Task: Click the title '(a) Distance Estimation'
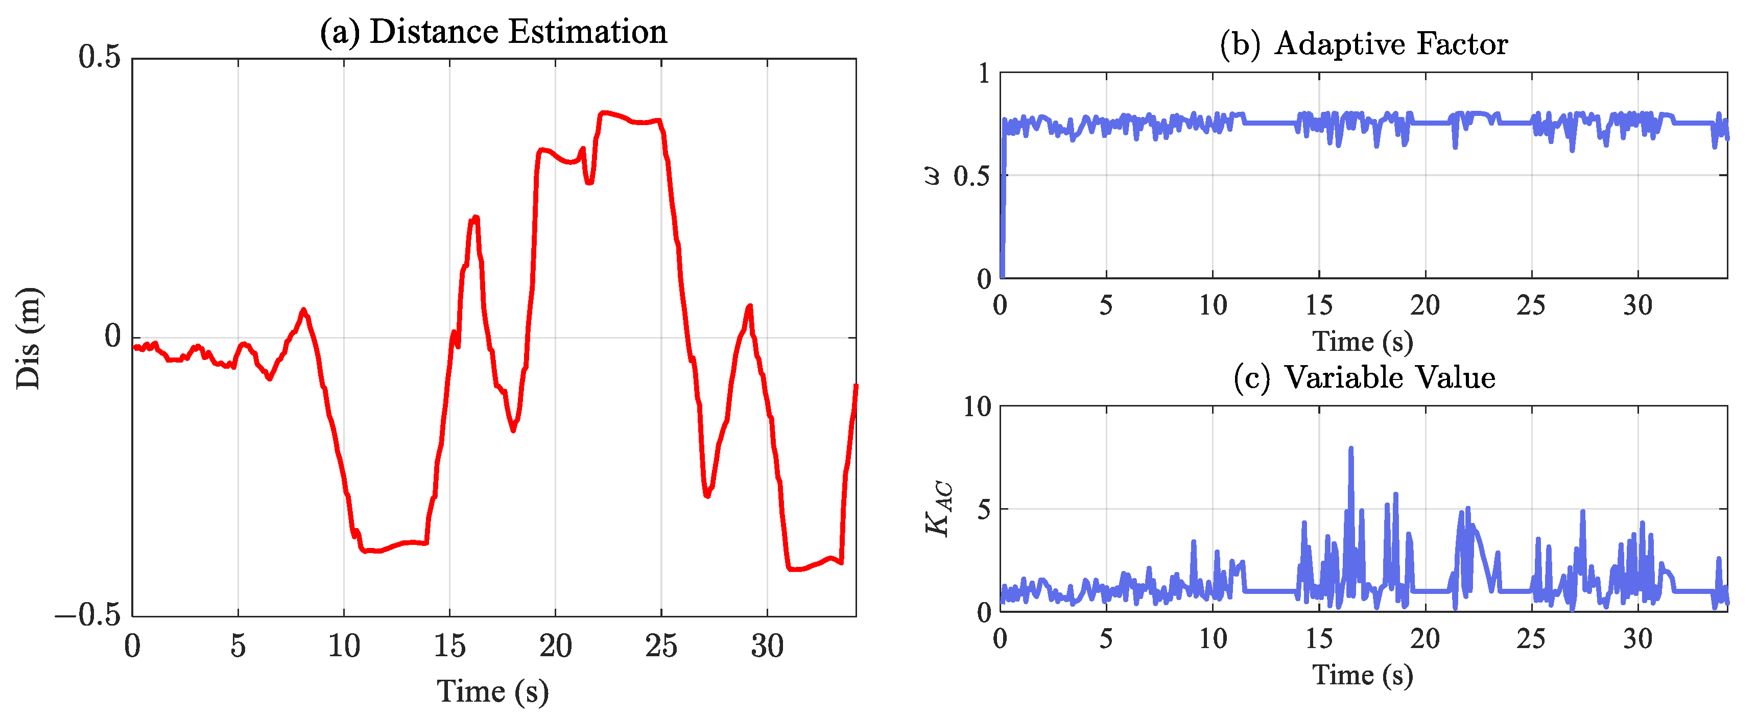tap(493, 32)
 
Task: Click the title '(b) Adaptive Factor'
tap(1363, 44)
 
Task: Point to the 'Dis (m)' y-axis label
tap(29, 339)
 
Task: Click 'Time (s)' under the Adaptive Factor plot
tap(1362, 341)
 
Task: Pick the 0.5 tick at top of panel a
tap(99, 57)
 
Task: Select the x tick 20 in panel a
tap(555, 646)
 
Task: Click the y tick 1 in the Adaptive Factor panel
tap(984, 73)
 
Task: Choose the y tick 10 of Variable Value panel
tap(977, 408)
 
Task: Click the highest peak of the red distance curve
tap(603, 112)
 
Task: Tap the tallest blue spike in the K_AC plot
tap(1350, 449)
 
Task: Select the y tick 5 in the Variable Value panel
tap(984, 510)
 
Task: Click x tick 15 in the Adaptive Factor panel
tap(1318, 305)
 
